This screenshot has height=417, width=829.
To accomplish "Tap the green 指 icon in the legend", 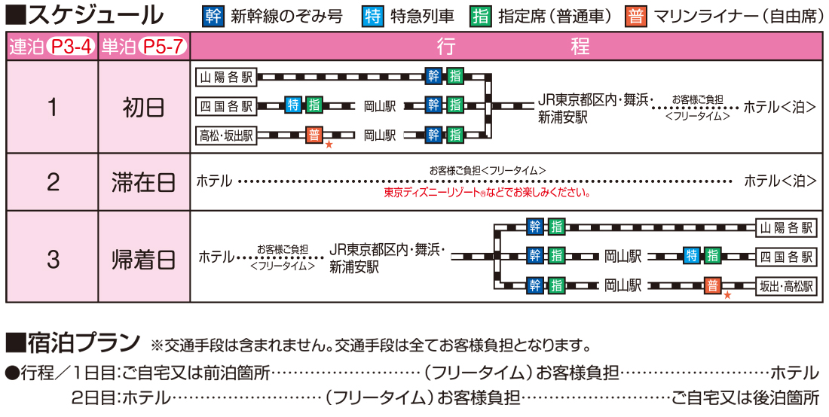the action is click(x=481, y=17).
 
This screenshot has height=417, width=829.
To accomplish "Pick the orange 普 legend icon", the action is click(x=637, y=17).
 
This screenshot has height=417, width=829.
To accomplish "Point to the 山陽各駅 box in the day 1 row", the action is click(x=226, y=78).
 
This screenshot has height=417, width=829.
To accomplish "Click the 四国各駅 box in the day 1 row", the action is click(x=226, y=105).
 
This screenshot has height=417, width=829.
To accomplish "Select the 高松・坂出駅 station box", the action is click(x=226, y=135).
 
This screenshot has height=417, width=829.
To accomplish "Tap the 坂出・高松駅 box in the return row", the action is click(x=786, y=287).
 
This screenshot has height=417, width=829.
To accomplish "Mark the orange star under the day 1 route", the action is click(x=329, y=144).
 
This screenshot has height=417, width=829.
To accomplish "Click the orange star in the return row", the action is click(x=727, y=295).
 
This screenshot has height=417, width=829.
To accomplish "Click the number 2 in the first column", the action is click(x=52, y=182).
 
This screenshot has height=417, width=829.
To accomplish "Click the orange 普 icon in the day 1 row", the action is click(x=314, y=135).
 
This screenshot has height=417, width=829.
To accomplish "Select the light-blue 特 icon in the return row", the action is click(x=692, y=256).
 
